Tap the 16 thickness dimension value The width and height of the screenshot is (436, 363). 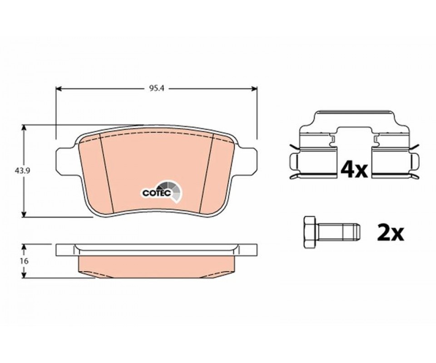(x=24, y=261)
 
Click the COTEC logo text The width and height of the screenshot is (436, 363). (x=156, y=193)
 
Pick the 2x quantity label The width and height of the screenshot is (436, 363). (x=390, y=234)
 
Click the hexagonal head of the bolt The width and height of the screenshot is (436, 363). (x=310, y=232)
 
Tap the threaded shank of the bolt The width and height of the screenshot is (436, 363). (x=338, y=232)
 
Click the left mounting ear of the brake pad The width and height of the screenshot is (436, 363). (x=64, y=162)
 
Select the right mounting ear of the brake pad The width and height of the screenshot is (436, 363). (x=248, y=162)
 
